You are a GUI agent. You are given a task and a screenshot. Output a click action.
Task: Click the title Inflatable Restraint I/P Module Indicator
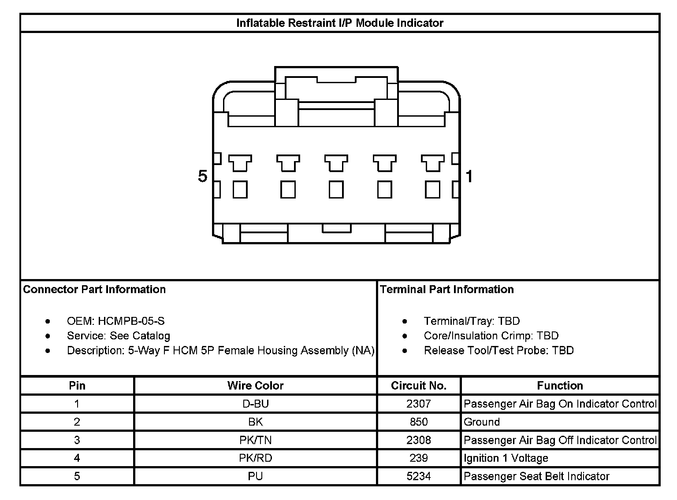coord(339,23)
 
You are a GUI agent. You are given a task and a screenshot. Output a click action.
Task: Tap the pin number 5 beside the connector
coord(202,176)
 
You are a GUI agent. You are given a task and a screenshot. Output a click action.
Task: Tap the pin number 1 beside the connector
coord(469,176)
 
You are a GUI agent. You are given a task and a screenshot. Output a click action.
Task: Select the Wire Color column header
coord(255,386)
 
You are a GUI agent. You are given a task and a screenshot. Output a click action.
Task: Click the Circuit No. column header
coord(418,386)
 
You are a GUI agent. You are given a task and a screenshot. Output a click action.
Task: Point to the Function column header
coord(560,386)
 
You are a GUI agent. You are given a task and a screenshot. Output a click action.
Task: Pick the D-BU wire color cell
coord(255,404)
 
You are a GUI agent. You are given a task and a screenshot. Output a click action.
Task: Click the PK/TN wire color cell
coord(255,440)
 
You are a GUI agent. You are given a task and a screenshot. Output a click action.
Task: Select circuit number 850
coord(418,422)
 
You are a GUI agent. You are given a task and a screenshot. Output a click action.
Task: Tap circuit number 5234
coord(418,476)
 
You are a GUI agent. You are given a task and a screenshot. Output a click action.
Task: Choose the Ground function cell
coord(482,422)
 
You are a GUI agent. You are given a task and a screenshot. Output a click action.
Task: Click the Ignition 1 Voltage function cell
coord(506,458)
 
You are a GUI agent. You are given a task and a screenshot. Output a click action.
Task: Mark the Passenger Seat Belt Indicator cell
coord(536,476)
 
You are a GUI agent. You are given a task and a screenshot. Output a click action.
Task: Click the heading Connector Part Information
coord(94,289)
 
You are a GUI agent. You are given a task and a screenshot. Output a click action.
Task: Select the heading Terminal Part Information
coord(446,289)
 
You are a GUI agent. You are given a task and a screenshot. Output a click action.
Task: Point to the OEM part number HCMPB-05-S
coord(131,321)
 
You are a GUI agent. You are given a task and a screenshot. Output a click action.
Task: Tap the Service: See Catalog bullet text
coord(118,336)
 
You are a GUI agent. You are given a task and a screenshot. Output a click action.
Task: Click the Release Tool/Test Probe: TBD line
coord(498,350)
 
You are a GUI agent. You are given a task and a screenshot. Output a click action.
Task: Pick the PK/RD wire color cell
coord(255,458)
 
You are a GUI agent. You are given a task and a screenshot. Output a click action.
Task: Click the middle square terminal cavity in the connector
coord(336,190)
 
